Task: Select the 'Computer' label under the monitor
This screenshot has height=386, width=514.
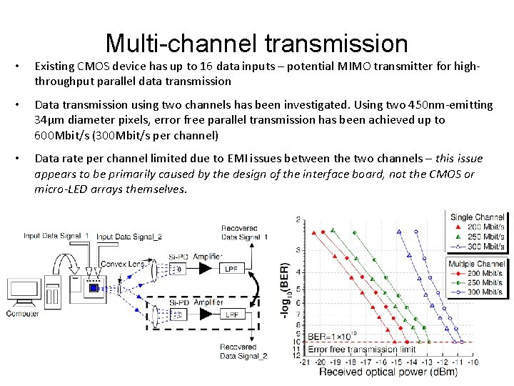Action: click(x=22, y=314)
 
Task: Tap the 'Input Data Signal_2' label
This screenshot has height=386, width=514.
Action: click(x=128, y=237)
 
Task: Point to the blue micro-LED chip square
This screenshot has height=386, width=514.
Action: click(x=92, y=288)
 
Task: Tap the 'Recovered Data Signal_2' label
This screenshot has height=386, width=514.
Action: click(x=243, y=351)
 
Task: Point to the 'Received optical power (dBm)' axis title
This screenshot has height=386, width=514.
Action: click(x=390, y=372)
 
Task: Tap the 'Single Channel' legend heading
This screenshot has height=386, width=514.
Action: click(x=476, y=217)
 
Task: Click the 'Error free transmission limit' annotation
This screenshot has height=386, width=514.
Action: click(x=361, y=350)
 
